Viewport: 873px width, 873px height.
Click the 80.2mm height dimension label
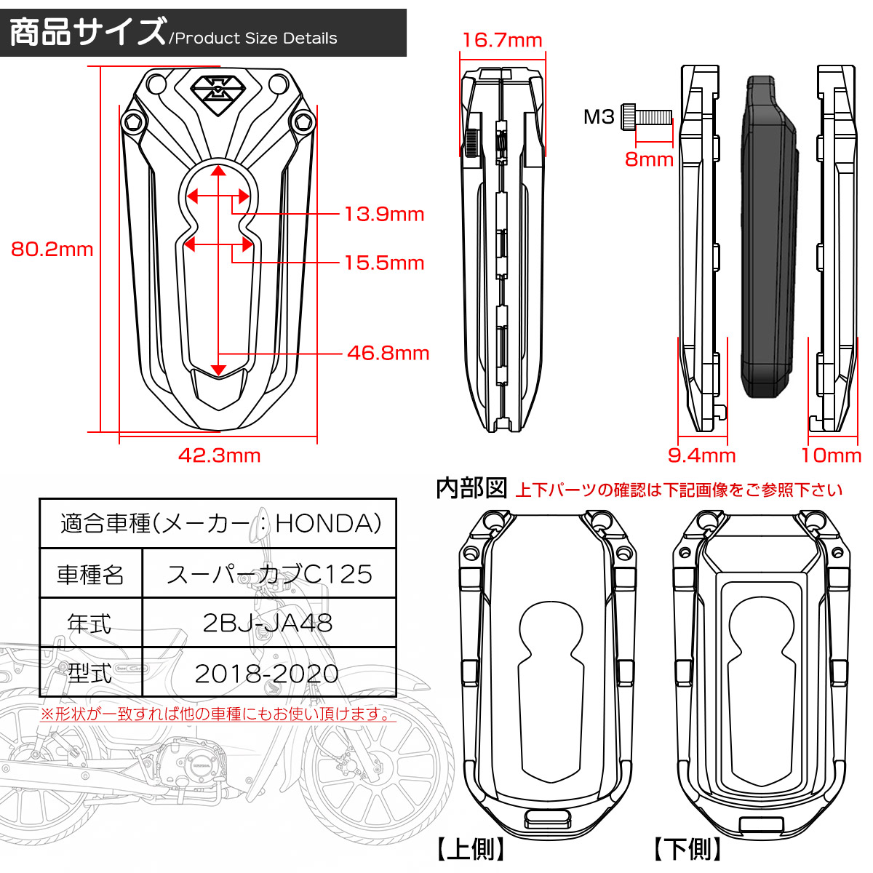click(x=52, y=250)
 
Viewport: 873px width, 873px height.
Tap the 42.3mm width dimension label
click(x=219, y=455)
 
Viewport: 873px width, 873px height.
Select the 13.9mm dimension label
click(x=384, y=214)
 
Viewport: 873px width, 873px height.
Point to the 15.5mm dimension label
click(x=384, y=263)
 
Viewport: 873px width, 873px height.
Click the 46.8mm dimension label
click(x=388, y=354)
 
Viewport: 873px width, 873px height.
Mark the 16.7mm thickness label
click(x=502, y=40)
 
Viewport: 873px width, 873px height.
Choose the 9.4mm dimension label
click(x=701, y=456)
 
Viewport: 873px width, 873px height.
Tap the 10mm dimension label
click(x=831, y=456)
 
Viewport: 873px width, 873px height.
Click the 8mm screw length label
click(x=649, y=159)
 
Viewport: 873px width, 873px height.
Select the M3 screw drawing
click(x=646, y=116)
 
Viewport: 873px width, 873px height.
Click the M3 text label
click(x=599, y=116)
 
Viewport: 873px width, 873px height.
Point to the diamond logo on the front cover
click(x=218, y=92)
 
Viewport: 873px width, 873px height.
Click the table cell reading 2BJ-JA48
click(x=268, y=623)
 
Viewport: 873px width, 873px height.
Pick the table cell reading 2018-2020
click(x=267, y=674)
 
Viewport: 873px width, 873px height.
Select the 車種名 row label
click(x=90, y=575)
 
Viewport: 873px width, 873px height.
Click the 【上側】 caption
click(x=471, y=849)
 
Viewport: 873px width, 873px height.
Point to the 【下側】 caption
click(x=687, y=849)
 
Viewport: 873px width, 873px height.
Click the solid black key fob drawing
click(x=768, y=236)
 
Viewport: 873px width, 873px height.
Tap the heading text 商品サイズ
click(x=87, y=32)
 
